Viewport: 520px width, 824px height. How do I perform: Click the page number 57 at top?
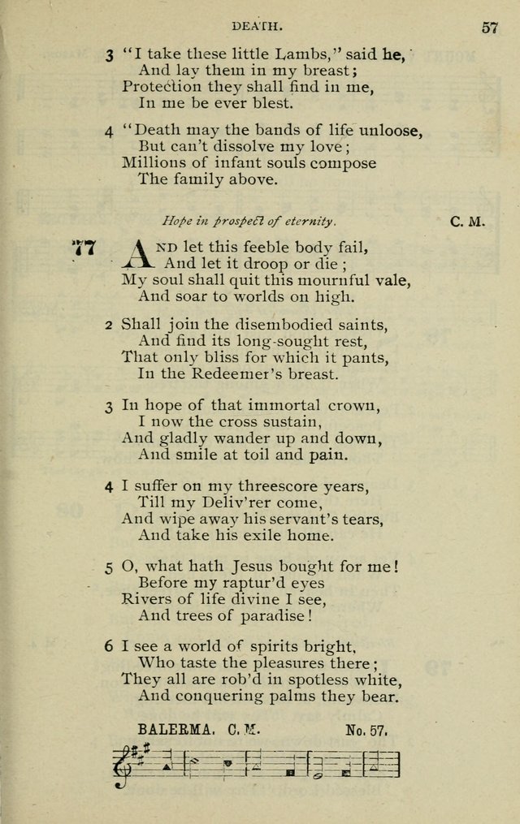coord(489,27)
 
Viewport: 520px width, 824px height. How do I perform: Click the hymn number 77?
coord(84,248)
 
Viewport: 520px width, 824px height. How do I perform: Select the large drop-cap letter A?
coord(136,254)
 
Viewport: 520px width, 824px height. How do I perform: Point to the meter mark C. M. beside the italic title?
coord(467,221)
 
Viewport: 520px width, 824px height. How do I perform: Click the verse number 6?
coord(108,648)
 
